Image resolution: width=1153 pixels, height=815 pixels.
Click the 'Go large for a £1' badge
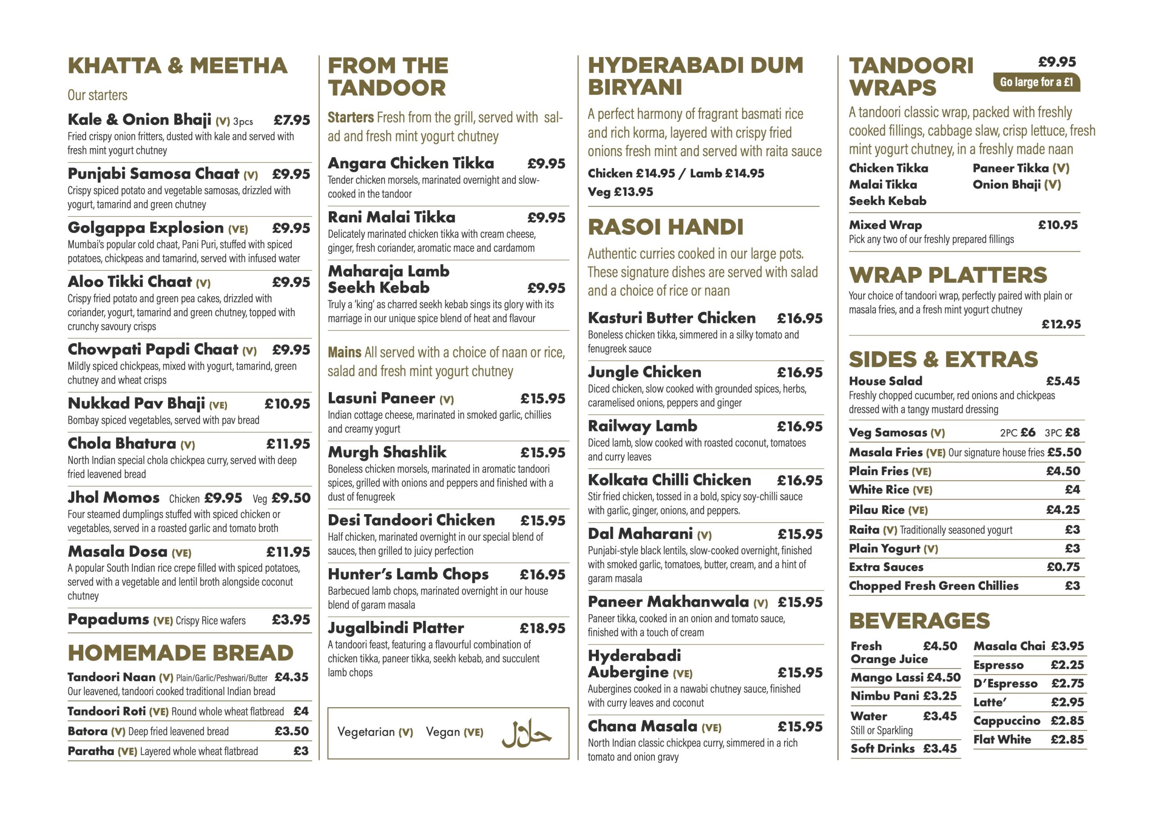(1036, 82)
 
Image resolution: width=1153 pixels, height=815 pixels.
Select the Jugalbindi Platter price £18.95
(542, 628)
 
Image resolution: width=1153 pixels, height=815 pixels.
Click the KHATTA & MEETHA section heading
(178, 66)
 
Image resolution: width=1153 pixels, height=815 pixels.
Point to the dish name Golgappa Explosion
(145, 228)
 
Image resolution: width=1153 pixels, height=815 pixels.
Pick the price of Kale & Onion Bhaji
(292, 121)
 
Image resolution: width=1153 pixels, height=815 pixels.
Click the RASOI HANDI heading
(665, 227)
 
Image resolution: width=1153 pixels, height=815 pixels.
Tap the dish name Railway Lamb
(642, 426)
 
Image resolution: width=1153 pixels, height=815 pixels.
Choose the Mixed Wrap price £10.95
(1058, 225)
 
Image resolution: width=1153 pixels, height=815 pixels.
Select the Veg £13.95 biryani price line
(620, 192)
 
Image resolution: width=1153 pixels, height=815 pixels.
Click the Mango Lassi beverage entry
(905, 677)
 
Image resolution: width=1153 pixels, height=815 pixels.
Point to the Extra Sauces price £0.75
(1063, 567)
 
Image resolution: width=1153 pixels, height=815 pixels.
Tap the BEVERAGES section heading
(919, 621)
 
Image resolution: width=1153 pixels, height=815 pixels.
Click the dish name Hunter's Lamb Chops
(408, 574)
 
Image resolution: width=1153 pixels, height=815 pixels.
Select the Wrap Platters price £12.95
(1061, 324)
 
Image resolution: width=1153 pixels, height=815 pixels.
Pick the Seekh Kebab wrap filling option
(887, 201)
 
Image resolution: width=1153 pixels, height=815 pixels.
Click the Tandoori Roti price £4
(301, 711)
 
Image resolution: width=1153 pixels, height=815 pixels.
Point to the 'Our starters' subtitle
(97, 95)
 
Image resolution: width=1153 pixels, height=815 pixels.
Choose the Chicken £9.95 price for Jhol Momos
(223, 498)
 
